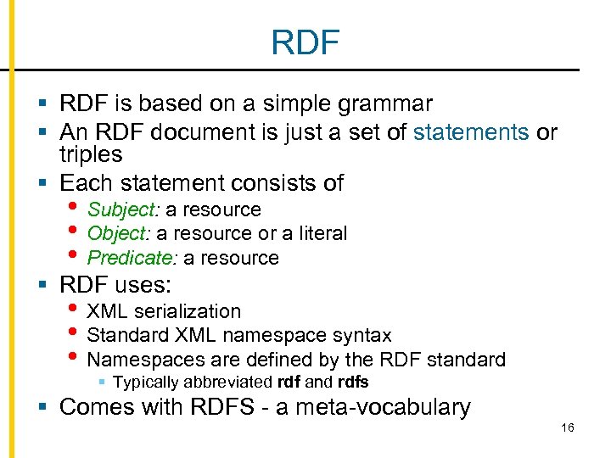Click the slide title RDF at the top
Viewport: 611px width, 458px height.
pos(305,42)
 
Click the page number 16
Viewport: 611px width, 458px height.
pos(568,427)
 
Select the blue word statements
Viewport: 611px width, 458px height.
pos(471,131)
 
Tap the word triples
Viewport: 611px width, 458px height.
pos(91,154)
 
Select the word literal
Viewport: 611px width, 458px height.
pos(317,233)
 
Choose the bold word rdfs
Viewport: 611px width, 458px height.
pos(353,382)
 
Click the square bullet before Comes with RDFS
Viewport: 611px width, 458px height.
pos(46,407)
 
